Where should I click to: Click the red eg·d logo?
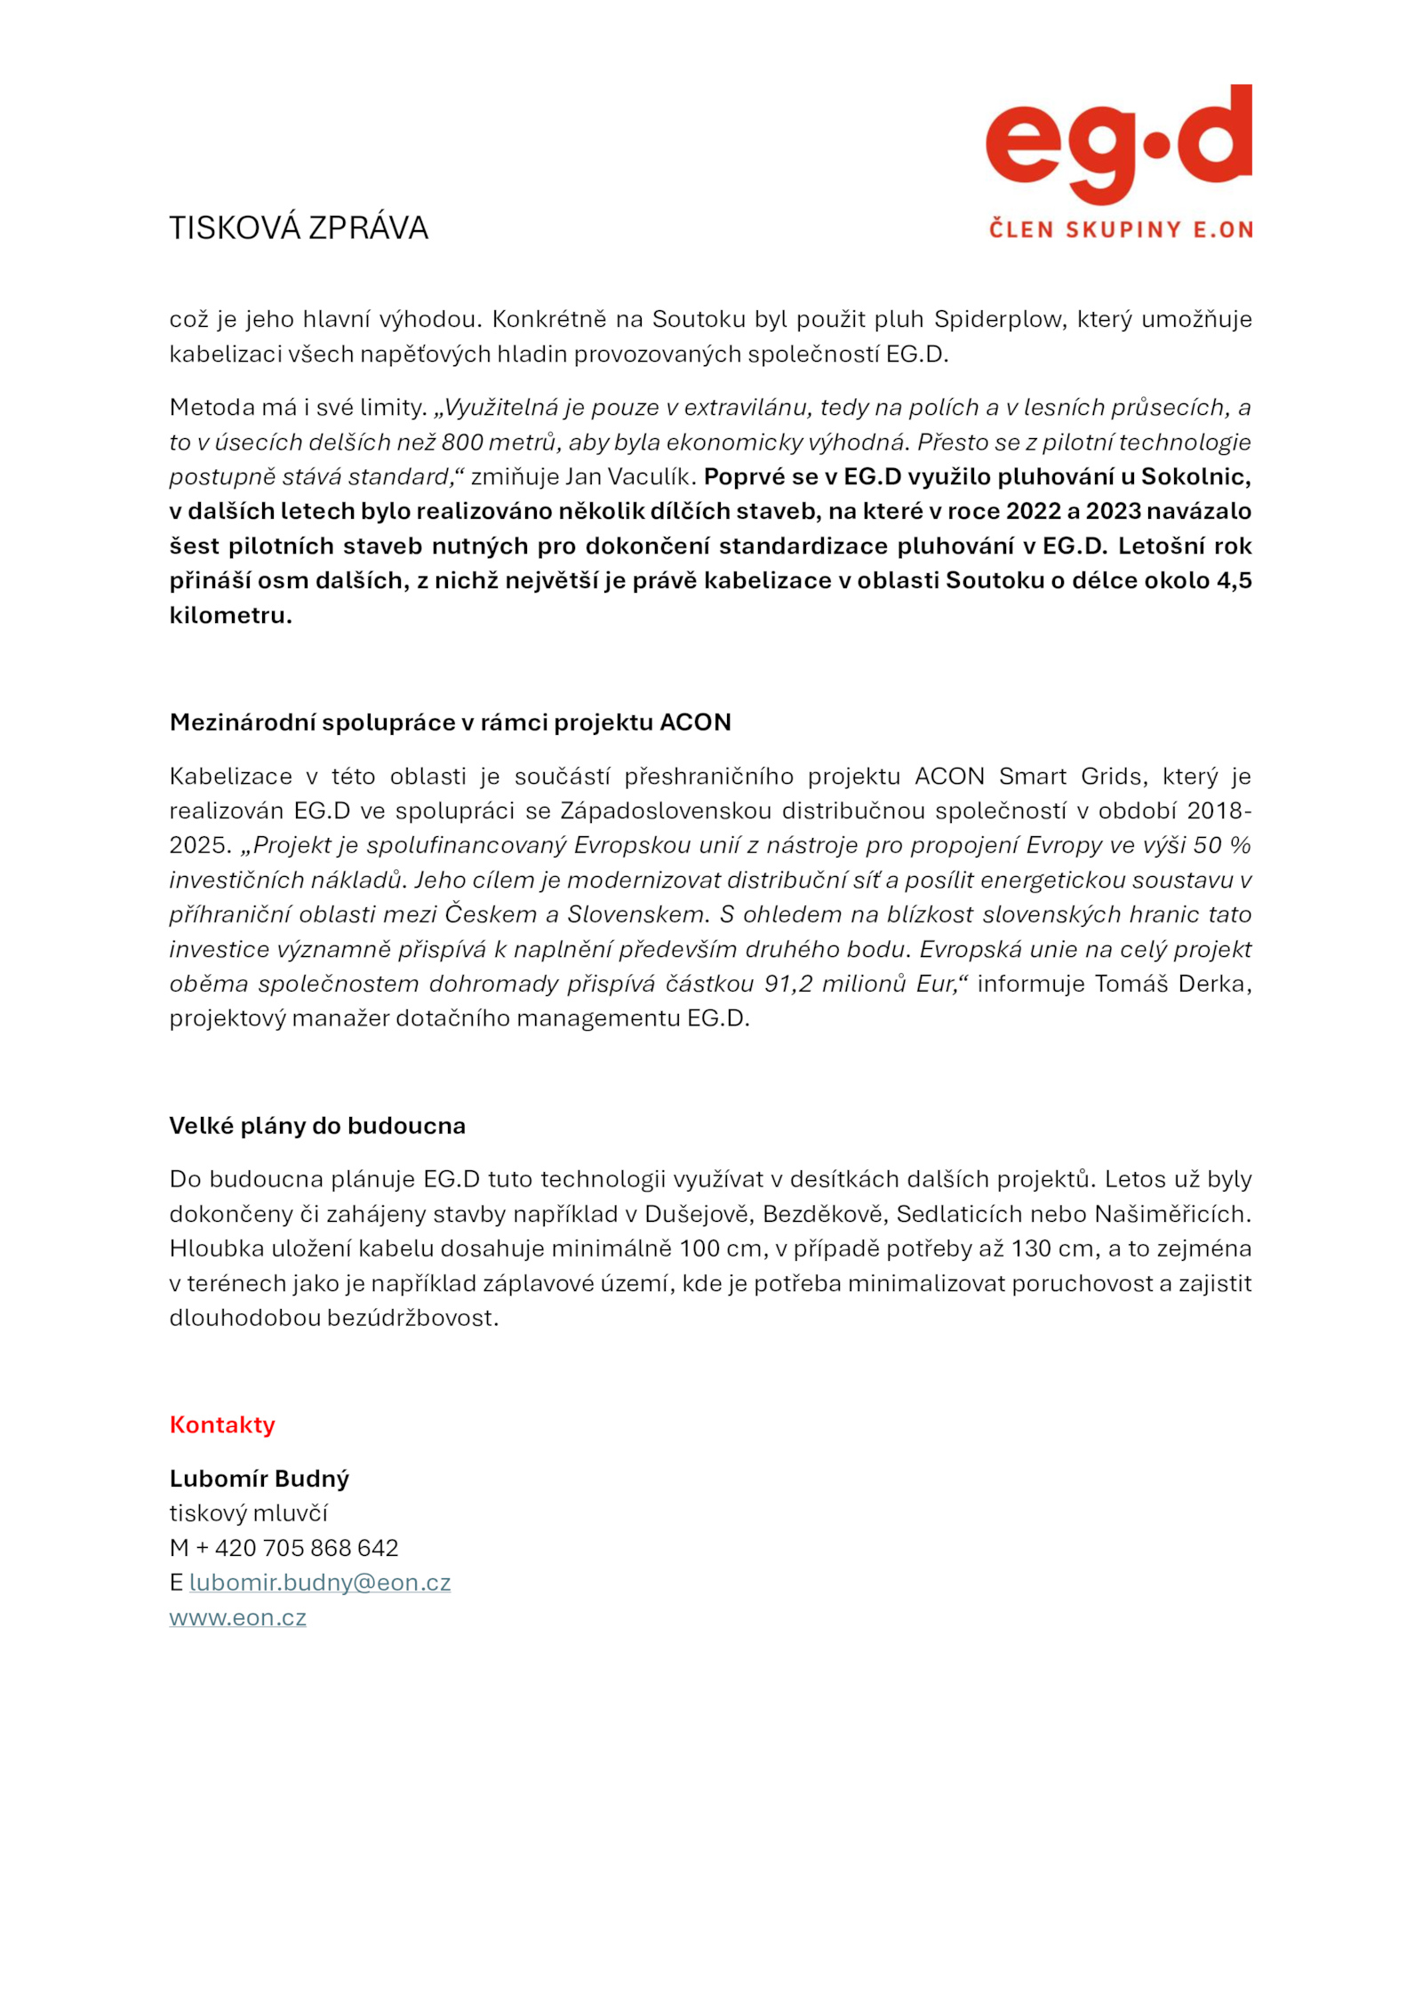1118,144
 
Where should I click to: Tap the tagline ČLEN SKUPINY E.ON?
1121,229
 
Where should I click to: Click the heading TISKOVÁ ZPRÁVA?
299,228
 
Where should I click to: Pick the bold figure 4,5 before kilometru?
1234,580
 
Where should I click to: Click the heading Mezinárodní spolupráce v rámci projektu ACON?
450,722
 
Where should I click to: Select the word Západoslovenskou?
666,810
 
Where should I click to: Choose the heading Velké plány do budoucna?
317,1126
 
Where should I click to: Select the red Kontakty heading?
222,1424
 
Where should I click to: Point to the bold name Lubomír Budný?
259,1479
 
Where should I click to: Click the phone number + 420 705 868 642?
297,1548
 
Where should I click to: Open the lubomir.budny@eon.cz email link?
320,1583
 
